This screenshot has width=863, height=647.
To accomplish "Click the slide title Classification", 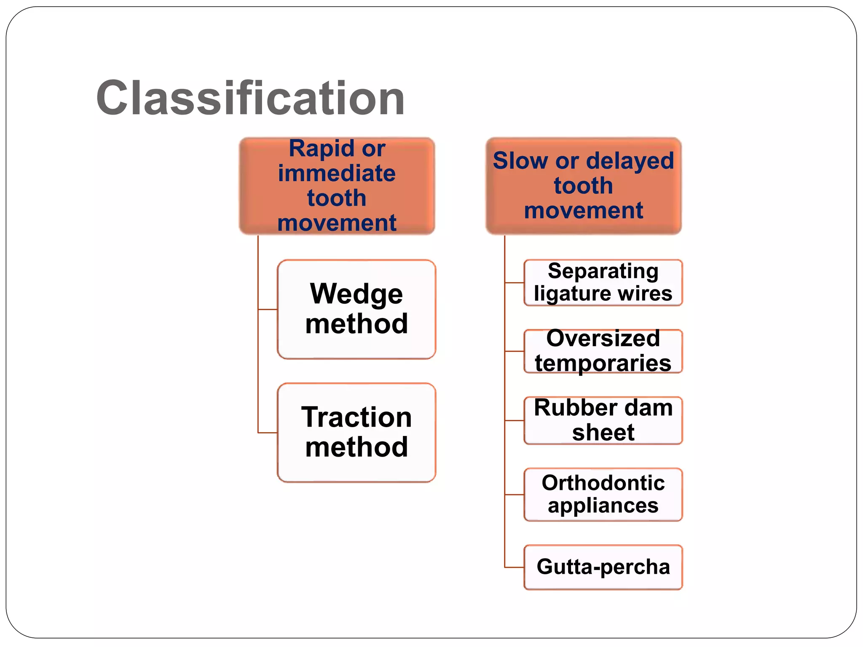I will (250, 98).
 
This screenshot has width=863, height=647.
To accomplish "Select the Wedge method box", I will (356, 309).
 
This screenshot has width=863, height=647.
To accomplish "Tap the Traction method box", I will (356, 433).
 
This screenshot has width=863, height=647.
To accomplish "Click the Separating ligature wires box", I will (603, 283).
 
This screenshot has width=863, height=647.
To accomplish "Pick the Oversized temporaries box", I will (603, 351).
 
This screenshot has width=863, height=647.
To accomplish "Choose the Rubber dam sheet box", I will (603, 420).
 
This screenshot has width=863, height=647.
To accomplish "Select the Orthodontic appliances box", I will (603, 495).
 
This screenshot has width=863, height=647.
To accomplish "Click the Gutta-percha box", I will (603, 567).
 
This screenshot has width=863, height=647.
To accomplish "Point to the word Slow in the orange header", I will (520, 161).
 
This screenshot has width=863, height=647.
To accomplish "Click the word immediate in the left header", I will (337, 174).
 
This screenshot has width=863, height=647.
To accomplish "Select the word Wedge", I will (356, 294).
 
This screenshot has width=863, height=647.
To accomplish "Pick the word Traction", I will (356, 417).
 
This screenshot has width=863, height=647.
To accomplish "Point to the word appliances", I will (603, 506).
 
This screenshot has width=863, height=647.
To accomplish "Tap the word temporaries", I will (603, 364).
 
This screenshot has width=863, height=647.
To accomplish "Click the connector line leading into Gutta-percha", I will (515, 567).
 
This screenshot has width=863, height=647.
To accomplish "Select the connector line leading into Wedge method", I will (268, 310).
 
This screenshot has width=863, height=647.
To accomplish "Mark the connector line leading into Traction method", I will (268, 433).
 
